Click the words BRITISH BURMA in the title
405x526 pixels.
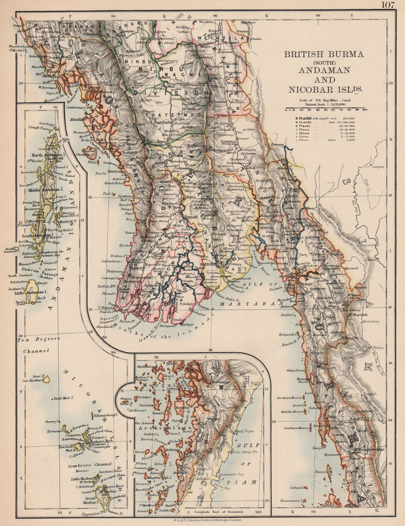point(324,54)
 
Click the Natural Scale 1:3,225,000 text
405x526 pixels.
point(325,104)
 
